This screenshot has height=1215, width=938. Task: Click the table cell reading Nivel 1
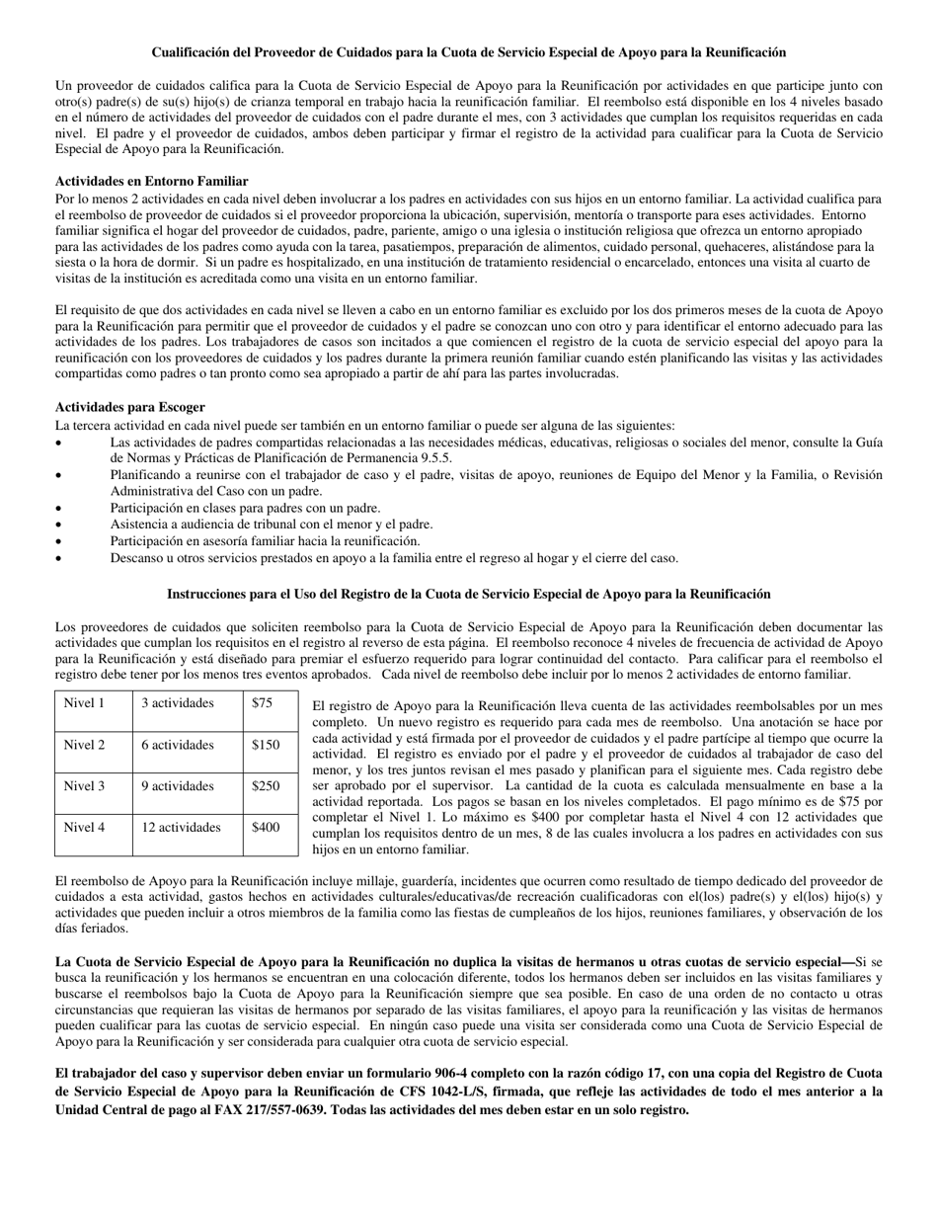[x=84, y=703]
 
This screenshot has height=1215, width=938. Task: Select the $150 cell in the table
[x=266, y=745]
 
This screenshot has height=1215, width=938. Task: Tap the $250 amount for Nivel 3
[x=266, y=786]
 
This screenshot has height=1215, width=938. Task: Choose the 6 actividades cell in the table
[x=177, y=745]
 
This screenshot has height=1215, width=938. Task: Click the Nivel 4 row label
[x=84, y=828]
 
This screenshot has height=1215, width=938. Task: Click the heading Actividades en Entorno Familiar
[x=151, y=181]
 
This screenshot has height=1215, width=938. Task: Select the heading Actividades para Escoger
[x=129, y=406]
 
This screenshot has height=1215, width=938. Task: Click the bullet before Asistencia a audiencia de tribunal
[x=59, y=525]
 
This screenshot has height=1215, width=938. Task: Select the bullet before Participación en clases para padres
[x=59, y=508]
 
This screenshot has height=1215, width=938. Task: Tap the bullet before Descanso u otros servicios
[x=59, y=558]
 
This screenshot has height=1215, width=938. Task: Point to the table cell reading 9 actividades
[x=177, y=786]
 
